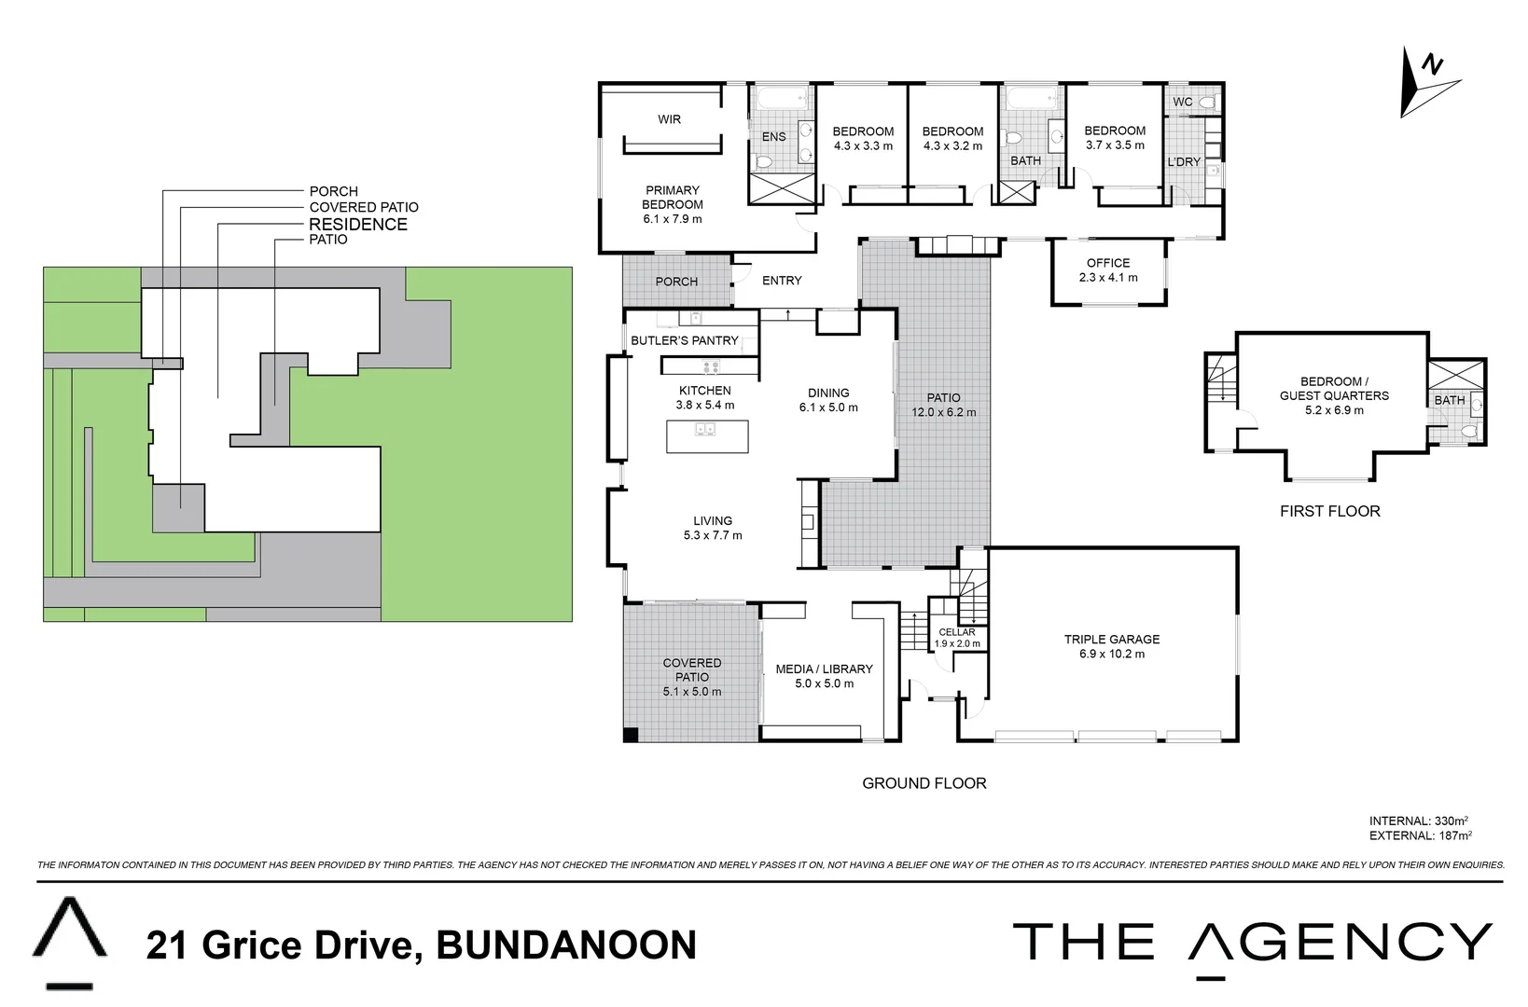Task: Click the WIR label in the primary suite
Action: [x=669, y=119]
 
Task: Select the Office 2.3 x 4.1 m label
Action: [x=1108, y=269]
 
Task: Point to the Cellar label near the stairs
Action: [x=957, y=632]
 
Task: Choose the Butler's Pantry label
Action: [x=684, y=340]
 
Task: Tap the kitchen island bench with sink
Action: [x=706, y=436]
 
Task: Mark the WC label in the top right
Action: [x=1182, y=102]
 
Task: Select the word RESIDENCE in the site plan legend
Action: [x=358, y=224]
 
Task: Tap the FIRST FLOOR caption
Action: [x=1329, y=511]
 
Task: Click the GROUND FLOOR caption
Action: [x=924, y=783]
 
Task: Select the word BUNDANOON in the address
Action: [x=566, y=945]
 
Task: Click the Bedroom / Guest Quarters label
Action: [x=1333, y=395]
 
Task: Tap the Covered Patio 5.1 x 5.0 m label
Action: [x=691, y=677]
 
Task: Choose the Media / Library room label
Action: [x=824, y=676]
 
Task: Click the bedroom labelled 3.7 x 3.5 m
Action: [x=1115, y=138]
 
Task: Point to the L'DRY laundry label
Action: [x=1184, y=162]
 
